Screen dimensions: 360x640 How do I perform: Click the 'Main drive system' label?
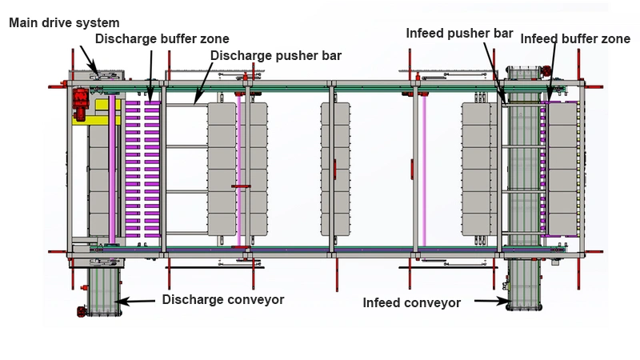click(x=64, y=22)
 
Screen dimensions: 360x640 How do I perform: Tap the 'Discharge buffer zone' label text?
click(x=162, y=38)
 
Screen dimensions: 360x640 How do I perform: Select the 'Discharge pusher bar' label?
click(x=276, y=56)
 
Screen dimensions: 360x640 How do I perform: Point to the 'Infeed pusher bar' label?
click(x=459, y=34)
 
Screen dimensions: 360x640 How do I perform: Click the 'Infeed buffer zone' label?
click(x=575, y=38)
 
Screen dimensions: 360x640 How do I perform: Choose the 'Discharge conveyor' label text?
click(x=223, y=300)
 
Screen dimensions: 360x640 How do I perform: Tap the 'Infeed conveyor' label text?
click(x=412, y=303)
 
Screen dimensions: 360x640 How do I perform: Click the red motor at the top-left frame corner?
click(x=81, y=99)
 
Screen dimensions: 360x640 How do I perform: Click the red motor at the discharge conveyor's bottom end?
click(x=82, y=311)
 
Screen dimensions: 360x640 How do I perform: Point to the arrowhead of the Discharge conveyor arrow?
click(x=120, y=301)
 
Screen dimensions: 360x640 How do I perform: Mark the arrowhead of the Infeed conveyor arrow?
click(x=506, y=302)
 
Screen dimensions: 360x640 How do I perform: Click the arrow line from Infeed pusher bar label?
click(x=492, y=68)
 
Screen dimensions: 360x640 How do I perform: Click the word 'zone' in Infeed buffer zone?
click(x=616, y=38)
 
